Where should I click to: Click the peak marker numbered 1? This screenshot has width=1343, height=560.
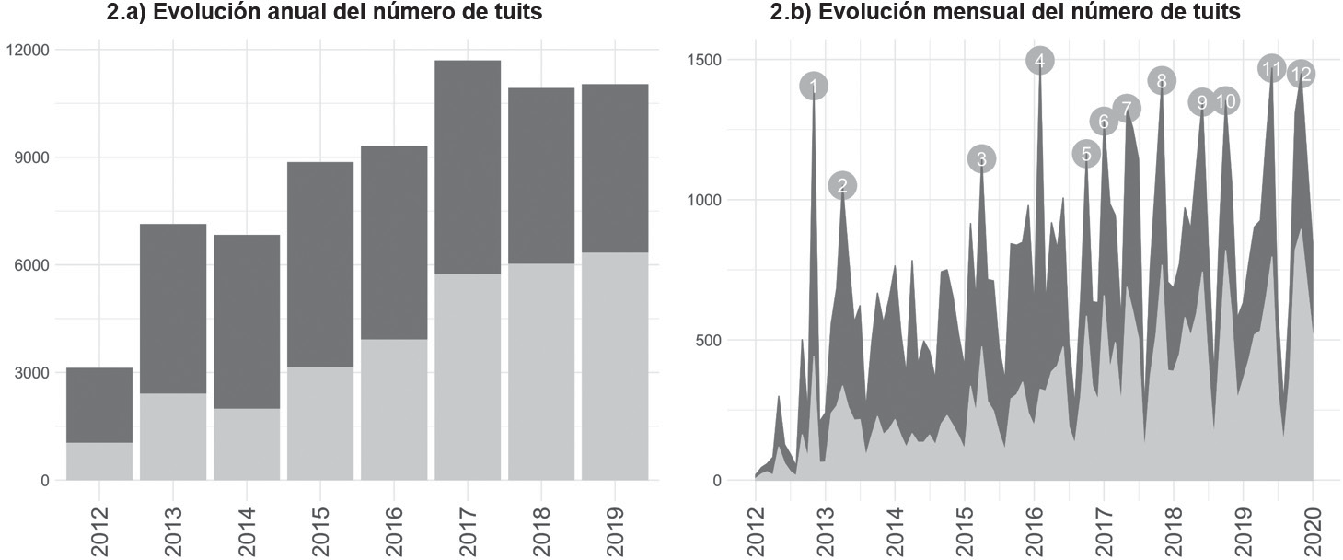[814, 87]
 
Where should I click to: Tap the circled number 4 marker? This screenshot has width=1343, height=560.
[1040, 61]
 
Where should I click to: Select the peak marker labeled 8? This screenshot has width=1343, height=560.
[1162, 81]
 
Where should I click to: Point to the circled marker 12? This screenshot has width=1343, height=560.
[1301, 74]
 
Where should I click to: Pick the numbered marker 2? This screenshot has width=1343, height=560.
[842, 185]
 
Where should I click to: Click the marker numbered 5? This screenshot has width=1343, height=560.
[1086, 154]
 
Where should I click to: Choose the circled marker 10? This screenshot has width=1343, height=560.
[1225, 101]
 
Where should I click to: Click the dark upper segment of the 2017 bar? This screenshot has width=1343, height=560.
[468, 167]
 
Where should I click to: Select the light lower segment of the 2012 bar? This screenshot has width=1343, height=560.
[99, 461]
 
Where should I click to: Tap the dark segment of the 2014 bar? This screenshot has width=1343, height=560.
[247, 321]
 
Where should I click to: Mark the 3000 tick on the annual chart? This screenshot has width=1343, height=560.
[32, 373]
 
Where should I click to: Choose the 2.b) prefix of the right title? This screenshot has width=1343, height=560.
[790, 12]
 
